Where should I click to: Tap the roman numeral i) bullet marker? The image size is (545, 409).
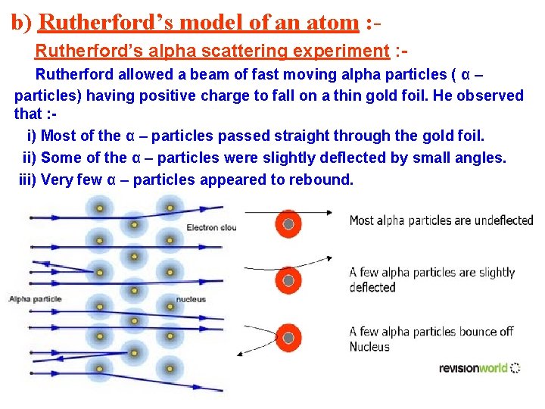click(32, 136)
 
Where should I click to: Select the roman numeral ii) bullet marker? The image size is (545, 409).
click(30, 158)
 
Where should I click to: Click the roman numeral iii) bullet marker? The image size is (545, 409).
click(27, 180)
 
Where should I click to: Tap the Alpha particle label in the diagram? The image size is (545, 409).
click(34, 299)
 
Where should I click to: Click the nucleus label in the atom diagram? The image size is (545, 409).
click(190, 299)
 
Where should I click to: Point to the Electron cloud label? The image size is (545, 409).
click(211, 227)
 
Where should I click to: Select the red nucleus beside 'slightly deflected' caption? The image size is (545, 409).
click(288, 279)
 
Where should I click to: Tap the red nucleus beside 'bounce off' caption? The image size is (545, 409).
click(288, 338)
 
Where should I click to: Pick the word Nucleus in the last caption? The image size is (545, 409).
click(369, 347)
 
